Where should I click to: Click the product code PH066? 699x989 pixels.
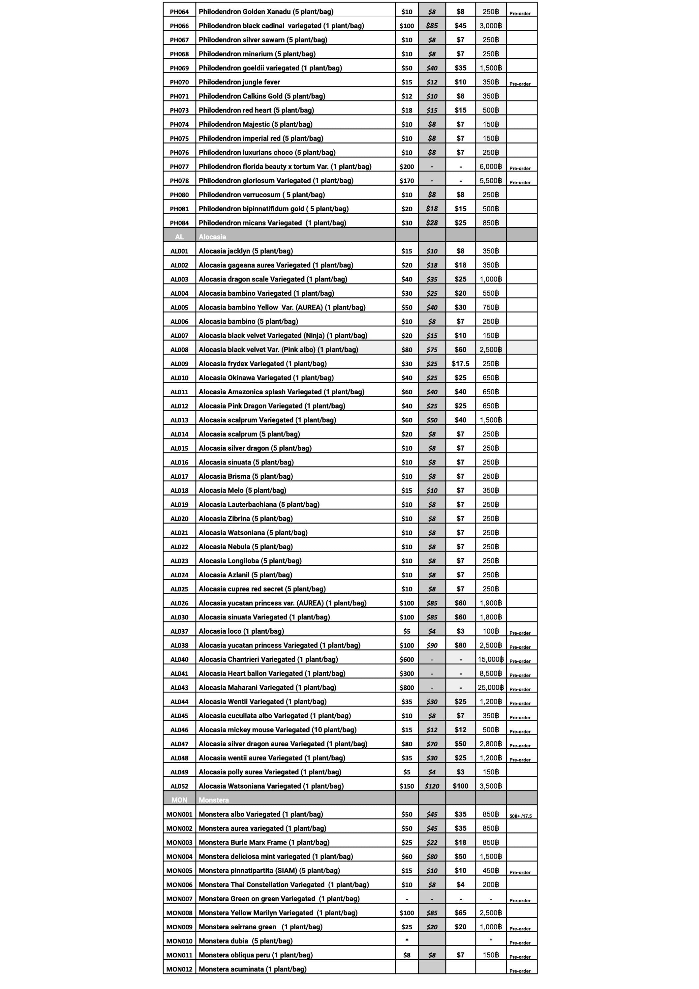click(x=179, y=26)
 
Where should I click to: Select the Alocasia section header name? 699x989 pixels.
click(x=212, y=237)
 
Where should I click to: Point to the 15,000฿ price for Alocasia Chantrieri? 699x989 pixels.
click(x=491, y=659)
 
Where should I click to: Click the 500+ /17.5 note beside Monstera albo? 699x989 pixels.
click(x=520, y=816)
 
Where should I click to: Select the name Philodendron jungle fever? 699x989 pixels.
click(x=239, y=82)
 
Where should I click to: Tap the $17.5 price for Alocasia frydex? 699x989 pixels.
click(x=460, y=364)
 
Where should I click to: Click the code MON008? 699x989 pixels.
click(x=179, y=913)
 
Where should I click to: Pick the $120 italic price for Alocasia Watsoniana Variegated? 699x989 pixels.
click(x=432, y=786)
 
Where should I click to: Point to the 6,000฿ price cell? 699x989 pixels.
click(x=491, y=167)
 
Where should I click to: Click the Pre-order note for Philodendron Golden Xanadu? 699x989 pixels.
click(x=520, y=14)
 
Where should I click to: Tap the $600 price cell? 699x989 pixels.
click(x=407, y=659)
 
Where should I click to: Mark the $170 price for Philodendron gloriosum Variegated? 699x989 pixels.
click(x=407, y=181)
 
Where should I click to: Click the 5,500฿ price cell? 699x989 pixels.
click(x=491, y=181)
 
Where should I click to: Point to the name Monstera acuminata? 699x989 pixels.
click(x=252, y=969)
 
